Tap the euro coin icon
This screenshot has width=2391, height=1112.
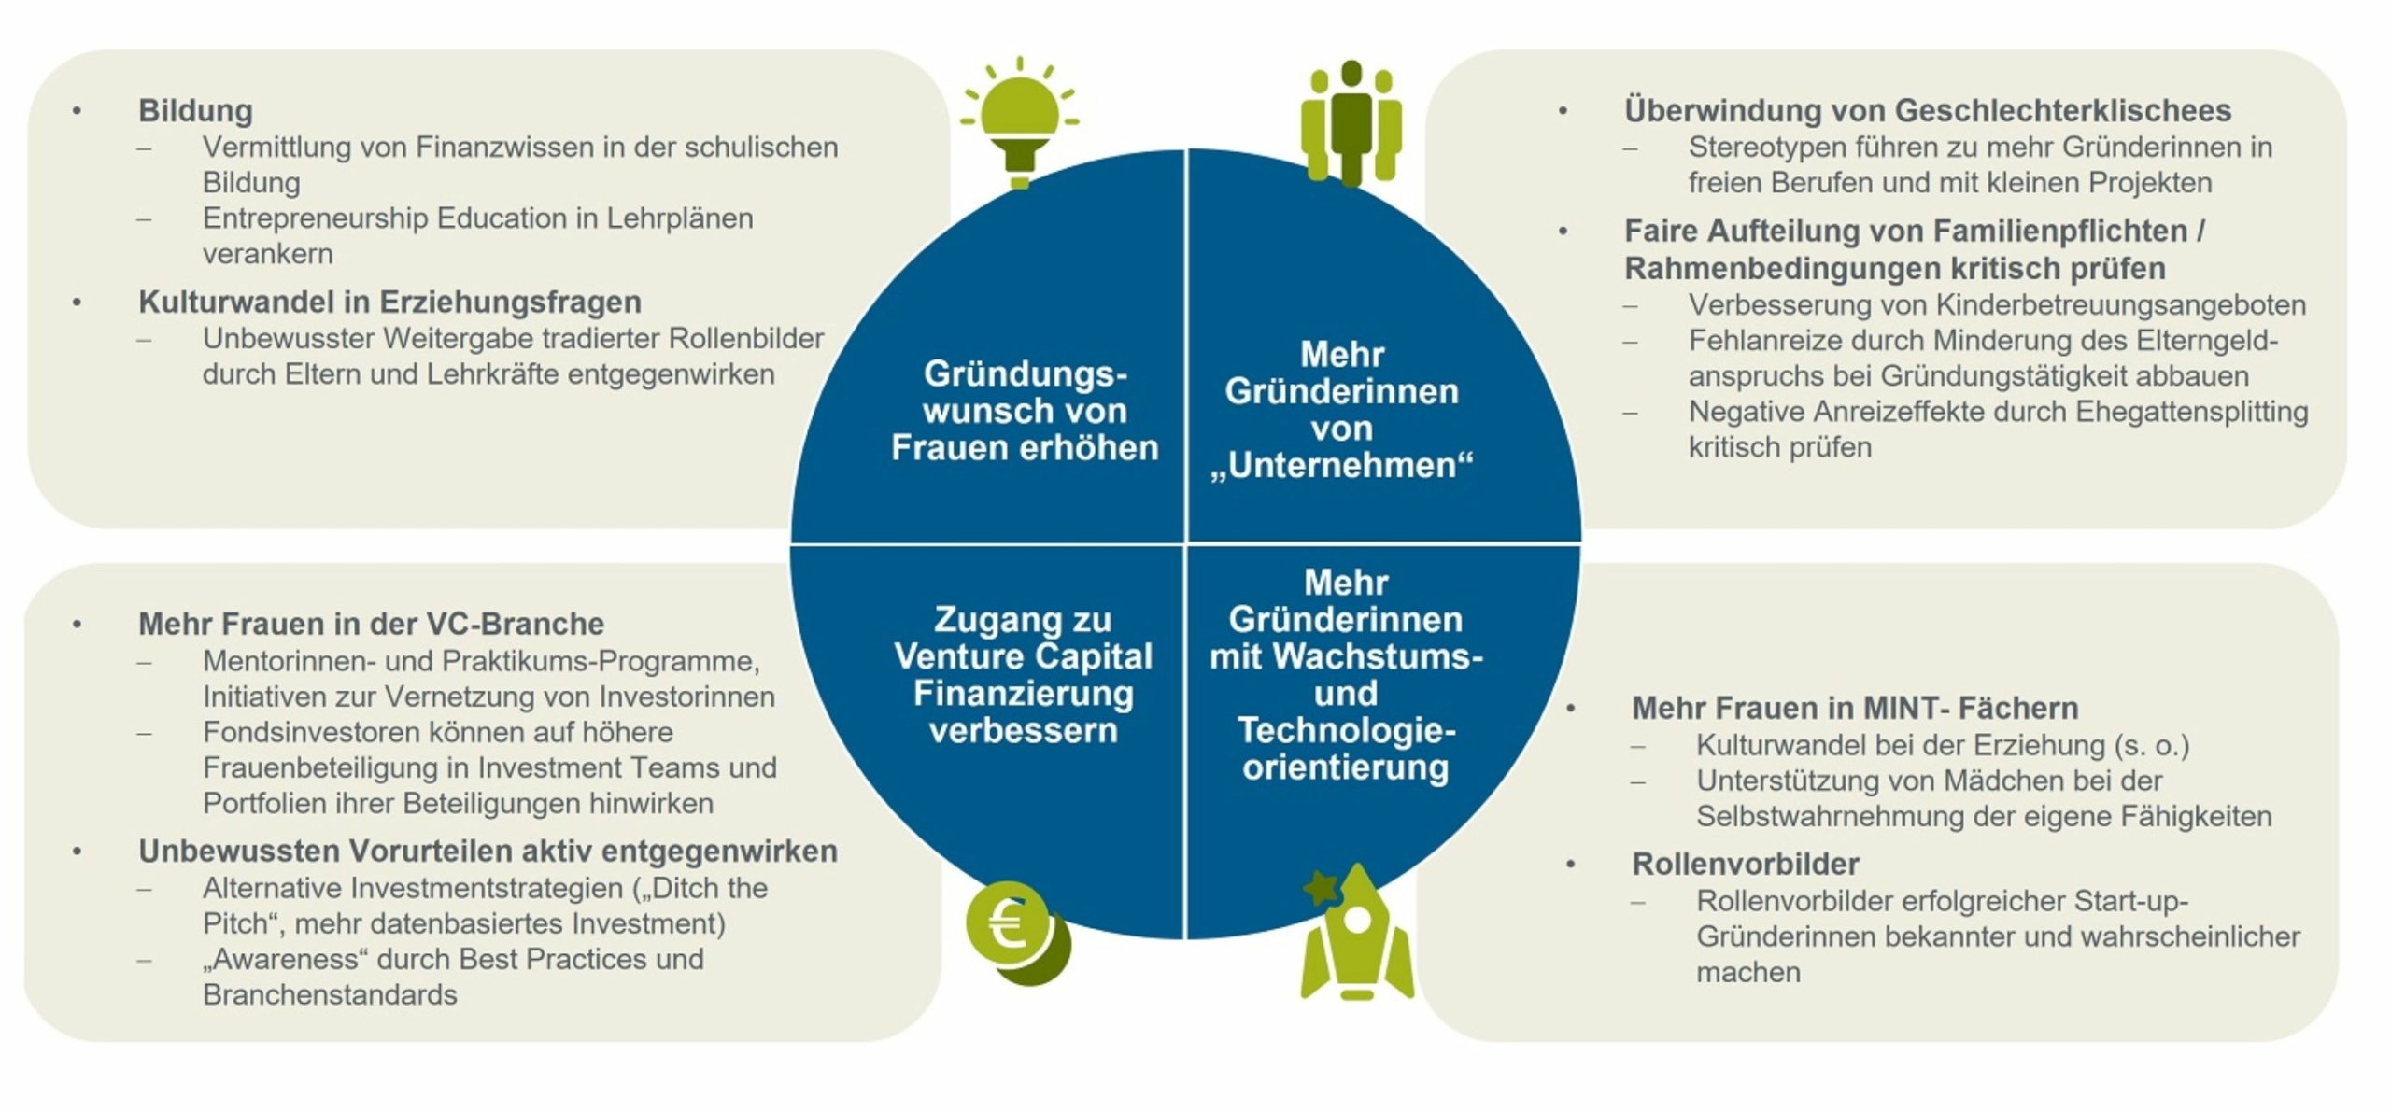(x=1015, y=930)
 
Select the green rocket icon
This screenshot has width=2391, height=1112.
(x=1357, y=934)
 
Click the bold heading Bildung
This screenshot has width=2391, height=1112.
(x=195, y=110)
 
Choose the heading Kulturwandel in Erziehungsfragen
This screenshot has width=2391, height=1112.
(x=389, y=302)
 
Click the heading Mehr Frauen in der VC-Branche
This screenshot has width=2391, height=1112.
(x=371, y=624)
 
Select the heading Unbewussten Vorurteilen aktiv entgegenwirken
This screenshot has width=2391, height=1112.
(x=488, y=851)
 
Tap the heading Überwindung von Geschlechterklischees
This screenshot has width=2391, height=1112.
(x=1927, y=110)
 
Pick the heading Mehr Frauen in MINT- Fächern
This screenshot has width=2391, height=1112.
(x=1854, y=708)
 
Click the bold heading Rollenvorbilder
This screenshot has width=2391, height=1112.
(x=1745, y=864)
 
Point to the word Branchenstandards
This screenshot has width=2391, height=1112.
(x=330, y=995)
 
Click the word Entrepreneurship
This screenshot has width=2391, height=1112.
(x=315, y=218)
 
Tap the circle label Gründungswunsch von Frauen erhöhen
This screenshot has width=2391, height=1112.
(x=1025, y=411)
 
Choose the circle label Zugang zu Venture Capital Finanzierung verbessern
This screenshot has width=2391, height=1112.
(x=1023, y=674)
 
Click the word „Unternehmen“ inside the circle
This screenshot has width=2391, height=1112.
(x=1341, y=465)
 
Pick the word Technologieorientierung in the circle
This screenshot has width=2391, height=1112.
(x=1346, y=749)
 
